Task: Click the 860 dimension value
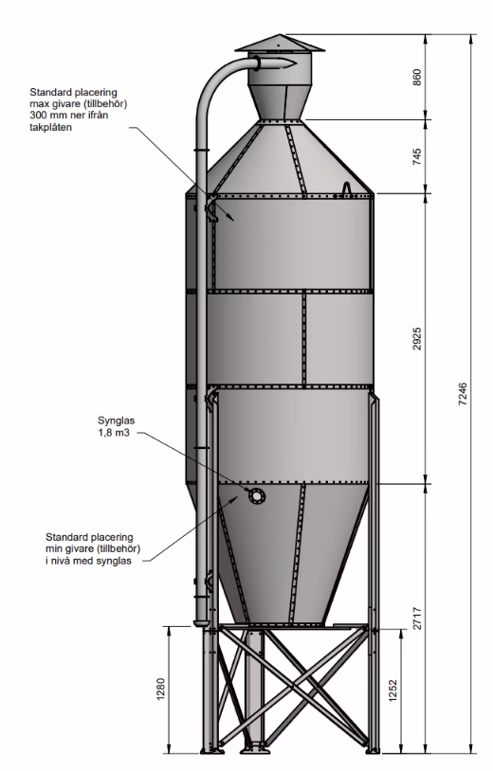pyautogui.click(x=417, y=78)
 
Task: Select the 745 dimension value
pyautogui.click(x=417, y=156)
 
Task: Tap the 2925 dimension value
pyautogui.click(x=417, y=338)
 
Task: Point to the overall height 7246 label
pyautogui.click(x=463, y=394)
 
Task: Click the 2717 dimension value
pyautogui.click(x=417, y=619)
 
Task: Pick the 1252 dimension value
pyautogui.click(x=393, y=690)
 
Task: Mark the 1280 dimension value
pyautogui.click(x=161, y=690)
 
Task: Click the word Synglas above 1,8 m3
pyautogui.click(x=116, y=421)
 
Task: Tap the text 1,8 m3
pyautogui.click(x=114, y=433)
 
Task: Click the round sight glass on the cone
pyautogui.click(x=256, y=496)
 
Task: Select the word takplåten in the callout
pyautogui.click(x=50, y=127)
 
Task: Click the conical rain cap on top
pyautogui.click(x=280, y=44)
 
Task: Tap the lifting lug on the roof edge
pyautogui.click(x=347, y=188)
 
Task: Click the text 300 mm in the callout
pyautogui.click(x=46, y=117)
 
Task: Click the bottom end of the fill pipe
pyautogui.click(x=201, y=623)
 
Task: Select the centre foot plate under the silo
pyautogui.click(x=254, y=751)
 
